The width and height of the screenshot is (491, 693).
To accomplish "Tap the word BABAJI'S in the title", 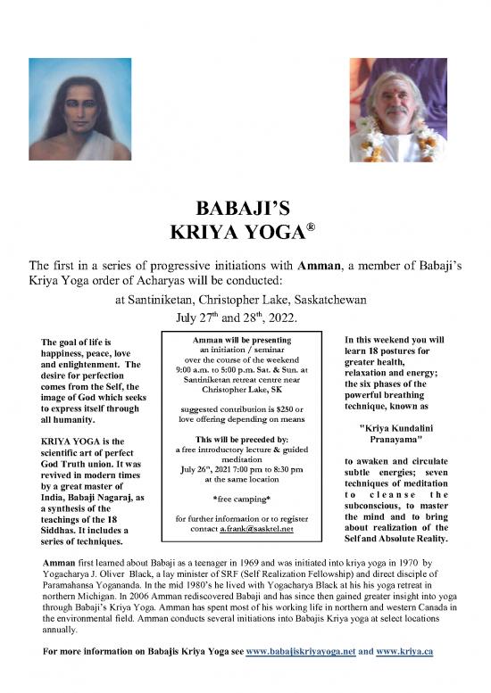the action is pyautogui.click(x=245, y=212).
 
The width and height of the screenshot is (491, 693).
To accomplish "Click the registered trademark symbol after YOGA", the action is pyautogui.click(x=312, y=228).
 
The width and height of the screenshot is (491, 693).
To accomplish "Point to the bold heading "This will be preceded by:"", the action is pyautogui.click(x=243, y=440).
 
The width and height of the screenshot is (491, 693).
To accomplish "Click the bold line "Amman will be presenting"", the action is pyautogui.click(x=243, y=340).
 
